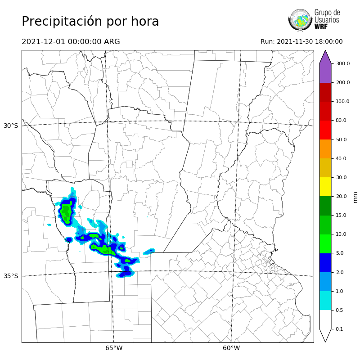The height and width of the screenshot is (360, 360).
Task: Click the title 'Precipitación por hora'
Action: [90, 22]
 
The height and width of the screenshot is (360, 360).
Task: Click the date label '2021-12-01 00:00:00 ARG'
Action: [71, 42]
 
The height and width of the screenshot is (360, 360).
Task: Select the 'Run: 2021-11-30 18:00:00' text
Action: [301, 42]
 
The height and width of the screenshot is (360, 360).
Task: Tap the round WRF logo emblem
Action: [300, 20]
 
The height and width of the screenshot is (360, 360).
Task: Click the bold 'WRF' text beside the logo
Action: [321, 27]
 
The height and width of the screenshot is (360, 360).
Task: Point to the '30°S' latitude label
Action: [11, 126]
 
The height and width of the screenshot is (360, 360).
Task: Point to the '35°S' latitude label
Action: [11, 276]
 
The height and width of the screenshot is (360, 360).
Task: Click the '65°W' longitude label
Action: [114, 348]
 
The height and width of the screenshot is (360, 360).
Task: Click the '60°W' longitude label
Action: [231, 348]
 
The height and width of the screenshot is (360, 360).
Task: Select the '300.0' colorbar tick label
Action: [342, 63]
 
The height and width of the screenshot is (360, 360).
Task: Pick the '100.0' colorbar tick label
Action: [342, 101]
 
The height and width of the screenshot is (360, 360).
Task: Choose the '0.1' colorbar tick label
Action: [339, 329]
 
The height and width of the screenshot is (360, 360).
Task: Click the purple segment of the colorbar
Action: [325, 72]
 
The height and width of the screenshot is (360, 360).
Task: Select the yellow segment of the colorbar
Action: [325, 187]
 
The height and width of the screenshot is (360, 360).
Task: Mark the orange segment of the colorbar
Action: [325, 148]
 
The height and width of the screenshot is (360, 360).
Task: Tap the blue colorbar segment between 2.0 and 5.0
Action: [325, 263]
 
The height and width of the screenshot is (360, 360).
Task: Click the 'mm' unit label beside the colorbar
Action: [355, 197]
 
